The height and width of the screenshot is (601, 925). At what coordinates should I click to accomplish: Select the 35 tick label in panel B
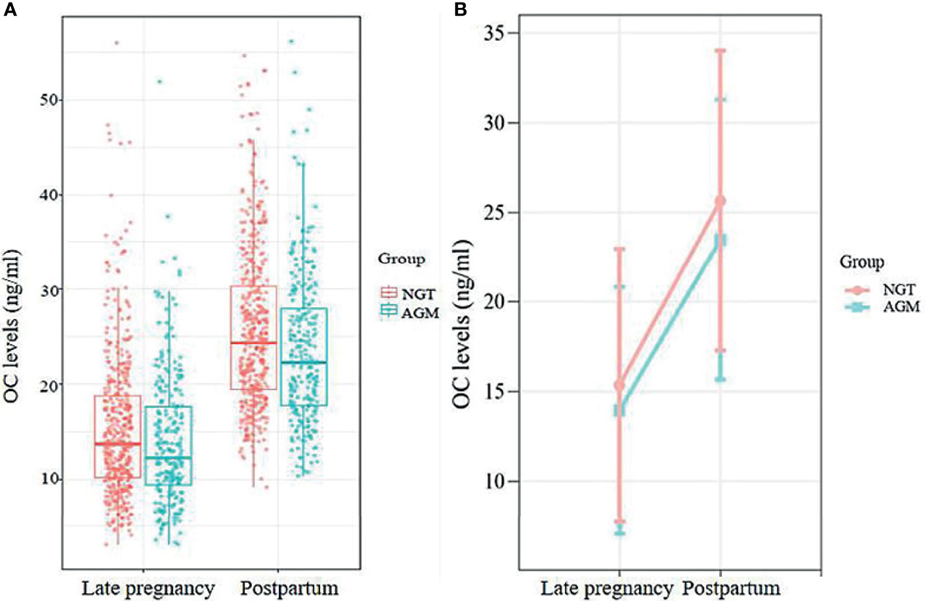(497, 33)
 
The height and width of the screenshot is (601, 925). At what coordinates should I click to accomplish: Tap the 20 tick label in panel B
(497, 302)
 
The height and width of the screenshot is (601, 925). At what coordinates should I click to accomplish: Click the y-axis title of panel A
(13, 326)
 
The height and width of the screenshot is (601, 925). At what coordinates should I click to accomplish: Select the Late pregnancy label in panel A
(148, 588)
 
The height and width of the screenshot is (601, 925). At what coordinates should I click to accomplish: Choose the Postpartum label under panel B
(731, 588)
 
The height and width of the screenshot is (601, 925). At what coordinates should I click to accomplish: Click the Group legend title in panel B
(861, 262)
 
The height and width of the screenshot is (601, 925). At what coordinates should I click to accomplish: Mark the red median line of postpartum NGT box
(253, 343)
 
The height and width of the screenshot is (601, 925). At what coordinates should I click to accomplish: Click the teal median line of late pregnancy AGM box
(169, 457)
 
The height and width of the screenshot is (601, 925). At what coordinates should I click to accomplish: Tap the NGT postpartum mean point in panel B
(720, 201)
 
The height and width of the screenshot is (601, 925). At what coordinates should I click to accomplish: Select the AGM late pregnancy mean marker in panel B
(619, 410)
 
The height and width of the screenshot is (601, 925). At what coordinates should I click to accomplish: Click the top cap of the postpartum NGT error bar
(720, 50)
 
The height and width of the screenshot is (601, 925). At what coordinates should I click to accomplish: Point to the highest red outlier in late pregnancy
(117, 43)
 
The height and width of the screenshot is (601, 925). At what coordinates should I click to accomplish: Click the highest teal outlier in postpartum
(291, 41)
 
